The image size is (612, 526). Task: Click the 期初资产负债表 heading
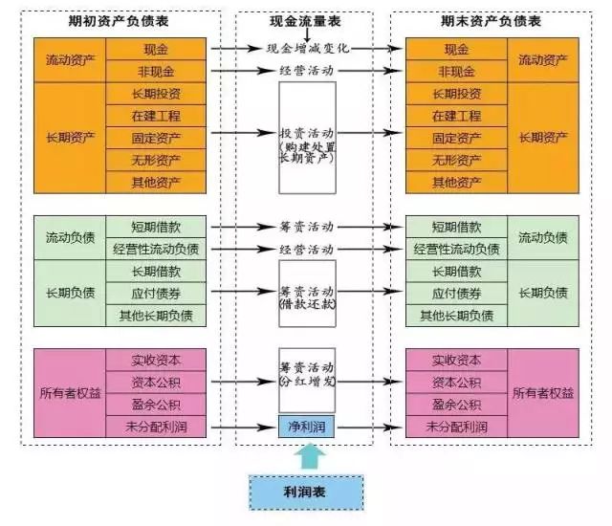coord(119,21)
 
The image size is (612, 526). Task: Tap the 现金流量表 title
coord(305,21)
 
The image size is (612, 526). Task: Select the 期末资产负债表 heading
coord(491,21)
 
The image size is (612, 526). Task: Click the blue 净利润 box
coord(307,427)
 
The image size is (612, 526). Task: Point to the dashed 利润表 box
coord(306,493)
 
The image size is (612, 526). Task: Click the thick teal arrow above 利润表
coord(310,456)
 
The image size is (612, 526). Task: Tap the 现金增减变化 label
coord(308,49)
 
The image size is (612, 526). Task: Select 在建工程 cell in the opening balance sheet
coord(156,116)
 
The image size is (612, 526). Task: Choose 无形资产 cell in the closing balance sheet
coord(457,160)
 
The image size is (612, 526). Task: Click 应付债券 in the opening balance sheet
coord(156,294)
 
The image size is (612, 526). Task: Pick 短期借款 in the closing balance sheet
coord(457,227)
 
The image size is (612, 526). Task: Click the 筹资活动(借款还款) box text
coord(307,297)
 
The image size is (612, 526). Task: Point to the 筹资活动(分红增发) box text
coord(307,374)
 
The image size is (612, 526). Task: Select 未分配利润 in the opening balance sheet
coord(156,427)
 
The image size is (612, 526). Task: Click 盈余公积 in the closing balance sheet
coord(457,405)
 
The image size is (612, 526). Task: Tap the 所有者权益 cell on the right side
coord(543,393)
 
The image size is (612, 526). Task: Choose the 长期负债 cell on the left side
coord(70,293)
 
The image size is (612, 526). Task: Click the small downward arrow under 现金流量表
coord(307,35)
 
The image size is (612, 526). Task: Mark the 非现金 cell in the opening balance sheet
coord(156,72)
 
